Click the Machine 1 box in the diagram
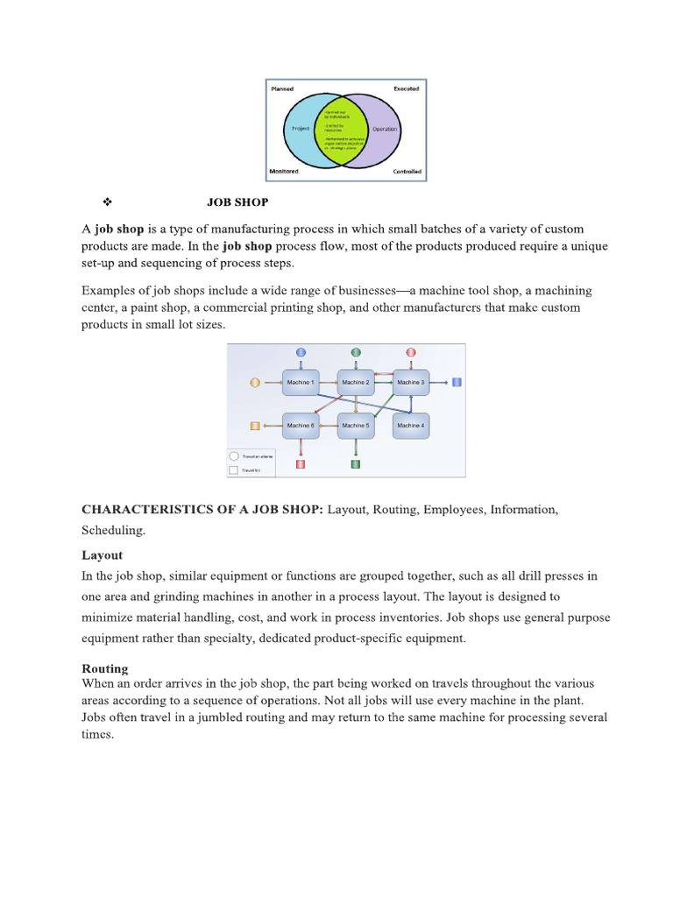click(x=301, y=383)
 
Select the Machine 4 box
click(x=410, y=426)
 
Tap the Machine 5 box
click(x=355, y=426)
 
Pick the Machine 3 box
click(x=410, y=383)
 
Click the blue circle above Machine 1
click(x=301, y=352)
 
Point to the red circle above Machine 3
click(x=410, y=352)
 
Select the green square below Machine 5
click(x=356, y=463)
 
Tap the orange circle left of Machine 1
click(x=255, y=383)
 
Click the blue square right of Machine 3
click(x=457, y=383)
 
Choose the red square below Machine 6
click(x=301, y=463)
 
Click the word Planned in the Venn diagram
click(x=281, y=89)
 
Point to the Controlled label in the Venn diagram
click(x=407, y=172)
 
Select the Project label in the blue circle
click(x=301, y=129)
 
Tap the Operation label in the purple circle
click(x=385, y=130)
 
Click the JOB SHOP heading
click(x=237, y=202)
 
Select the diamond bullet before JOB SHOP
click(x=106, y=202)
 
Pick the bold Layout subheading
click(x=103, y=555)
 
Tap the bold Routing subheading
click(x=104, y=668)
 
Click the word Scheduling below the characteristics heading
click(x=113, y=531)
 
